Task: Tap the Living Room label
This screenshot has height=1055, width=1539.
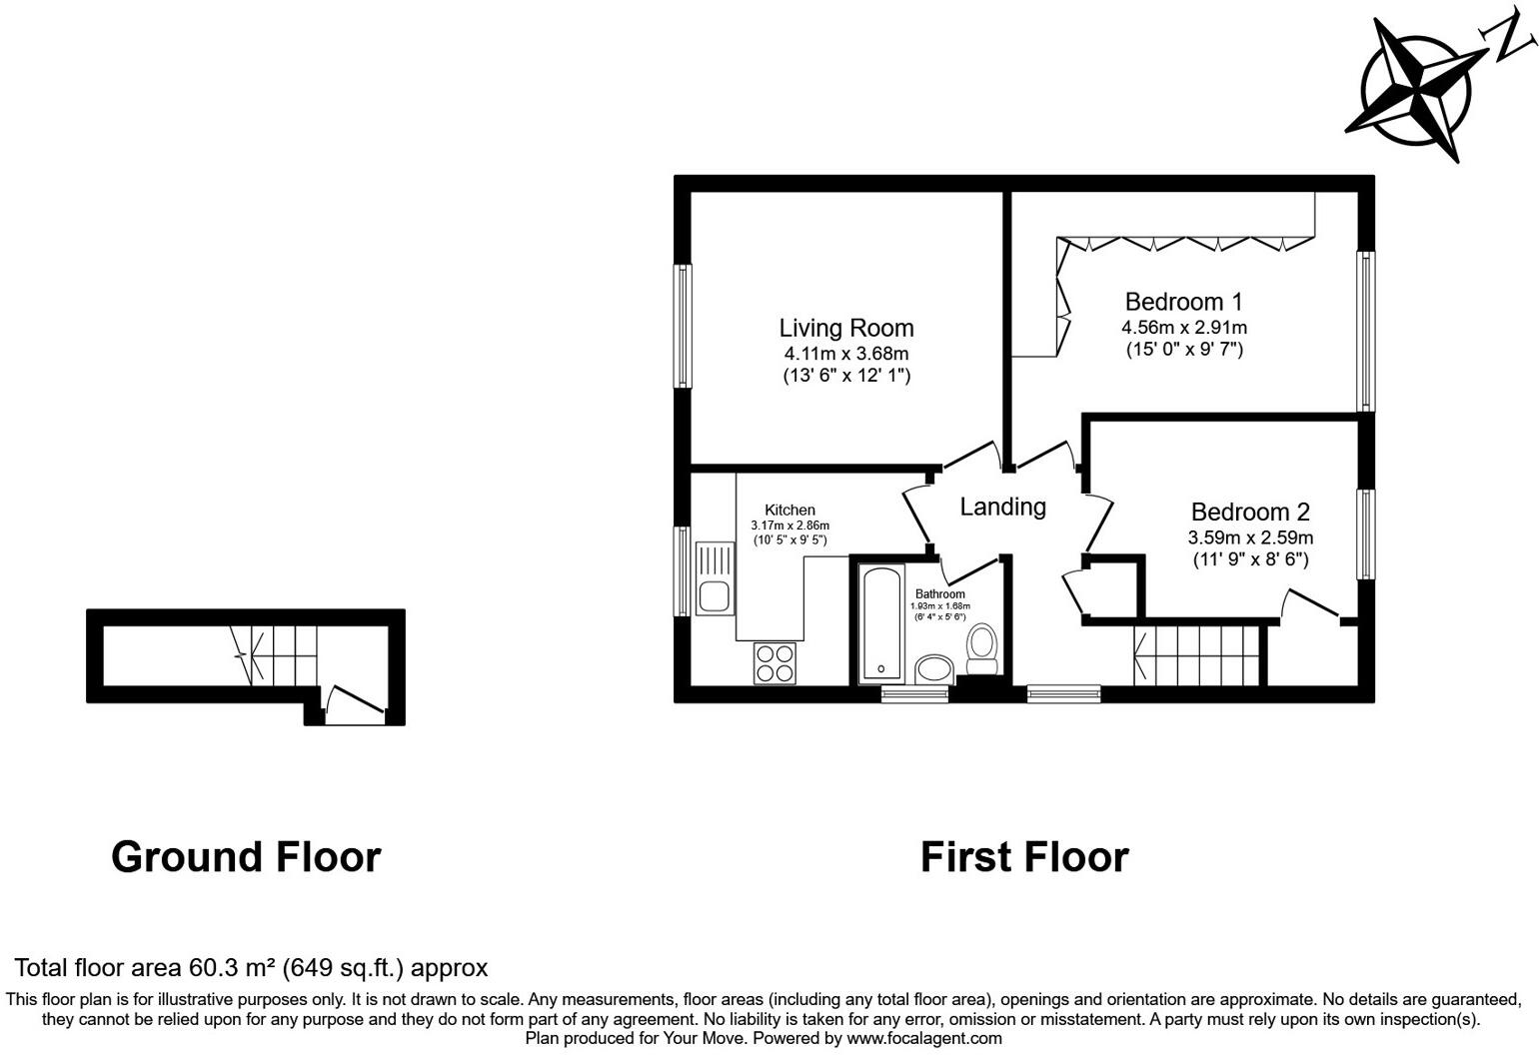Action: [845, 328]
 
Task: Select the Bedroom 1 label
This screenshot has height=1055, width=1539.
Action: [1183, 302]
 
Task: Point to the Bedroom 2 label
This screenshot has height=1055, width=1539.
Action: [1249, 513]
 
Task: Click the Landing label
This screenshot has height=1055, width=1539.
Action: [1002, 507]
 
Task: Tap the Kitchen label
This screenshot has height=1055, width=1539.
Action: [789, 510]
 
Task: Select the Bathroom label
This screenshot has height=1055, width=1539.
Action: [939, 593]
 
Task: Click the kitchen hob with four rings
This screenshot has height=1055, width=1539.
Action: [775, 661]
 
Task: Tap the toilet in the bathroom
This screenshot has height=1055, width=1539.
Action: [982, 649]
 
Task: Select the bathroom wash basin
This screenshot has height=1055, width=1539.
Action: [934, 668]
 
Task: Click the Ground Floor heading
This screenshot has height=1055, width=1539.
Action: [246, 857]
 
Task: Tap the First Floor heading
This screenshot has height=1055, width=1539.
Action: [1023, 857]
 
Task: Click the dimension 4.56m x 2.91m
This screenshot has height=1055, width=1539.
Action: [1183, 327]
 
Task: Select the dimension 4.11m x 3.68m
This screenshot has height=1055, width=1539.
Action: [845, 353]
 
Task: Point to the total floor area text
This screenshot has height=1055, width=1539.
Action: [251, 967]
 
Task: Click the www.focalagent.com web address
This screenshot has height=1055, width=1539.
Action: [924, 1038]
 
